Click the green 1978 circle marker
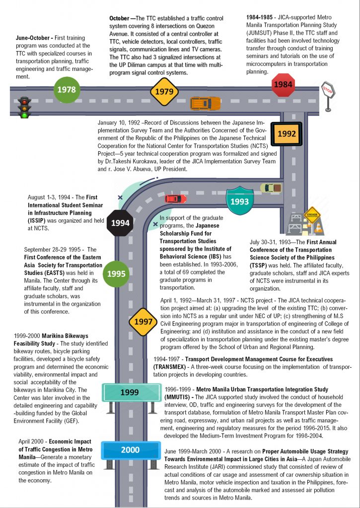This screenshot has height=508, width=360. pos(67,90)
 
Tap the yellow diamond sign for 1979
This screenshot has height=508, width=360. pos(164,92)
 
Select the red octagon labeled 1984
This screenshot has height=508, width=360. pos(283,84)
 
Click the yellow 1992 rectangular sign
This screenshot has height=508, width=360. pos(287,134)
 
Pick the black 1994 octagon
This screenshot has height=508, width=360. pos(120,223)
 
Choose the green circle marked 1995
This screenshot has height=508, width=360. pos(116,274)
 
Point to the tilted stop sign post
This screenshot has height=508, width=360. pos(328,95)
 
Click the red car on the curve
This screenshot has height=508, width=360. pos(175,198)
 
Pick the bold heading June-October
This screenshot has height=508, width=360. pos(33,38)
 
